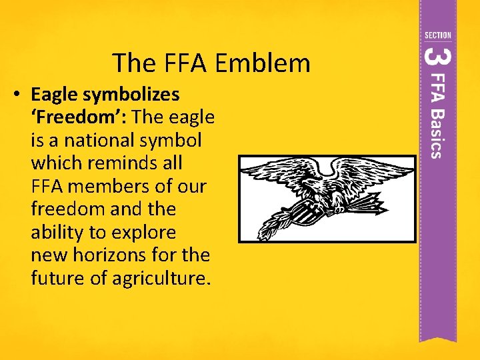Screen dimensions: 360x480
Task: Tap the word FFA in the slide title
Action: [x=190, y=63]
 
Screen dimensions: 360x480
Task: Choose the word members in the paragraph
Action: [x=121, y=187]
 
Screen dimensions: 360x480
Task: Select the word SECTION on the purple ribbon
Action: [x=437, y=35]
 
